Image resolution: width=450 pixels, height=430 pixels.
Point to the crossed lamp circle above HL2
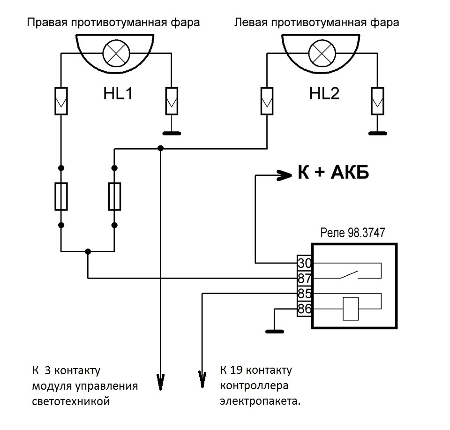click(322, 52)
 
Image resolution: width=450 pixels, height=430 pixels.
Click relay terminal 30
click(305, 263)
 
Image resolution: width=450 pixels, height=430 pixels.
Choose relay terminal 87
click(305, 278)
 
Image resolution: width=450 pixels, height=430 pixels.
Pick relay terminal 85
click(305, 294)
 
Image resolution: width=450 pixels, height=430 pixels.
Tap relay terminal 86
click(305, 309)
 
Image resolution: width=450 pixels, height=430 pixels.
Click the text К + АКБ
click(334, 173)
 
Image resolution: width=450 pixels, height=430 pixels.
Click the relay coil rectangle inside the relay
click(350, 309)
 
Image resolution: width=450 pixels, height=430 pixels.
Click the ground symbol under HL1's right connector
click(172, 133)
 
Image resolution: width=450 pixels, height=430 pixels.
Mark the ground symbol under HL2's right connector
click(378, 133)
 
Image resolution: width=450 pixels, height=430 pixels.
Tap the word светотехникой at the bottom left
click(71, 402)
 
